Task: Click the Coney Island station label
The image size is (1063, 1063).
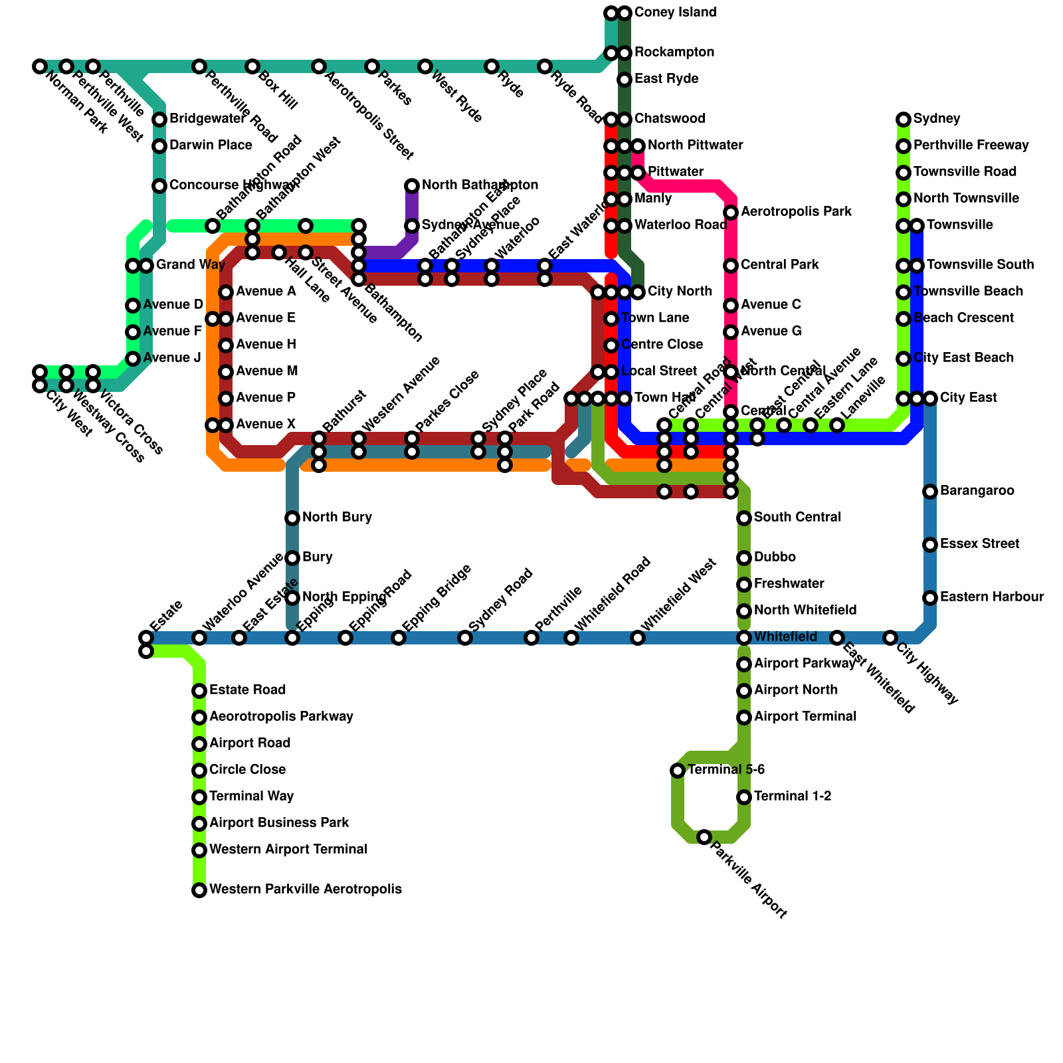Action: tap(675, 13)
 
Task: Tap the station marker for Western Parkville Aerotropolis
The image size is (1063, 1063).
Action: tap(199, 890)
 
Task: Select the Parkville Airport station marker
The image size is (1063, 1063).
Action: tap(704, 837)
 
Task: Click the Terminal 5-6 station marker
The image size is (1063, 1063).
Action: tap(678, 771)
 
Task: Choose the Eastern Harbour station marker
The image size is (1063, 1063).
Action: tap(930, 598)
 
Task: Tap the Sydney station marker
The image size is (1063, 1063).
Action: tap(904, 120)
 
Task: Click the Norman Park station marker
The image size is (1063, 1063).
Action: tap(40, 66)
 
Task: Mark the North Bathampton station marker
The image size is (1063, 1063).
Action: tap(412, 186)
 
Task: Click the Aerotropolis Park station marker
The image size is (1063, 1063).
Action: tap(731, 213)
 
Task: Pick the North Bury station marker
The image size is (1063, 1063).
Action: tap(292, 518)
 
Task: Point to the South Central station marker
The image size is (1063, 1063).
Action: tap(744, 518)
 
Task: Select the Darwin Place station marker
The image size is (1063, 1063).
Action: tap(159, 146)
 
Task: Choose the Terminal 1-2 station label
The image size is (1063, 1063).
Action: tap(793, 797)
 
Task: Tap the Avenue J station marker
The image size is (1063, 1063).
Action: tap(133, 359)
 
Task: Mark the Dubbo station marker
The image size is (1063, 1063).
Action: tap(744, 558)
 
